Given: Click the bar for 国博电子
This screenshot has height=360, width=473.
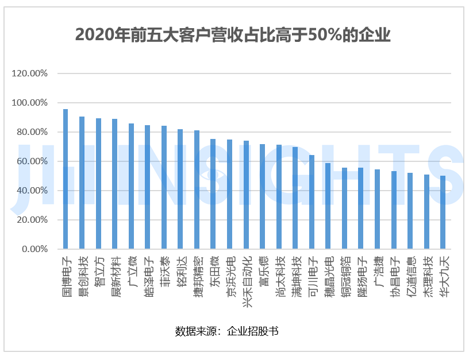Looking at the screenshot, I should click(66, 179).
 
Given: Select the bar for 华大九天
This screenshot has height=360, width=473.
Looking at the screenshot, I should click(443, 212).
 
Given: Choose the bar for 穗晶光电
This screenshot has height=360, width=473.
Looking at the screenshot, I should click(328, 206).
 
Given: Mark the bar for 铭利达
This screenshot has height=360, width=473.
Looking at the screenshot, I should click(180, 189).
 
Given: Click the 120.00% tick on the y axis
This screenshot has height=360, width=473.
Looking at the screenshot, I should click(29, 73).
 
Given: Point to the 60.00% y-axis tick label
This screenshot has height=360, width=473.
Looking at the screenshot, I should click(32, 161).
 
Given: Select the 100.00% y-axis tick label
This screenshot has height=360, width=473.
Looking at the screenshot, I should click(29, 103).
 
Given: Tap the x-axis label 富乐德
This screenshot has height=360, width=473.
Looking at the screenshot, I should click(262, 273).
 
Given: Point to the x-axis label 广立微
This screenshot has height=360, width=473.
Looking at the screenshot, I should click(131, 273).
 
